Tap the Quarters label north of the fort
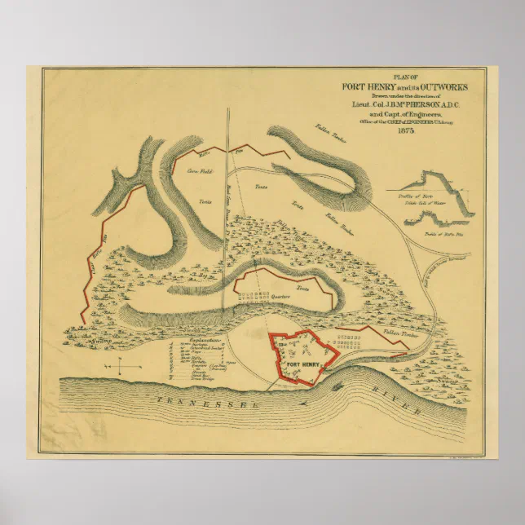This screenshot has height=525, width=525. click(282, 298)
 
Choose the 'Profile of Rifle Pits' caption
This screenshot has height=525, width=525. click(443, 233)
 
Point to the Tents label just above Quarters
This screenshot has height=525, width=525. click(302, 289)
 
